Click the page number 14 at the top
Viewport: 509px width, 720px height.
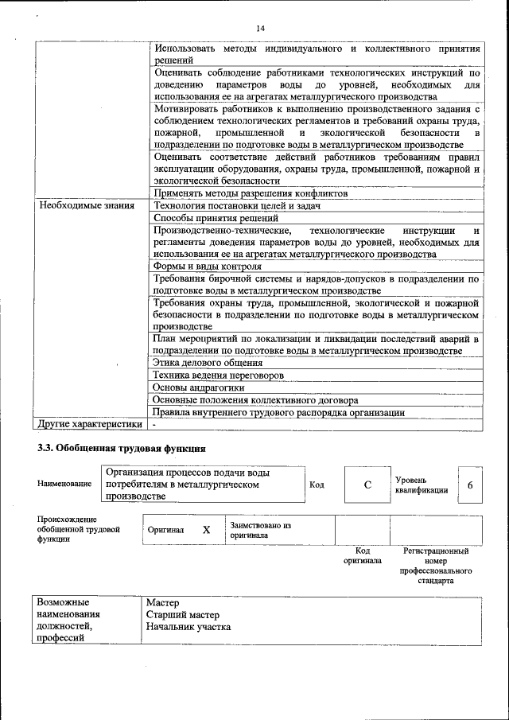click(x=260, y=29)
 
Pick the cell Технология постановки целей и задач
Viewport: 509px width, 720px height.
click(x=236, y=206)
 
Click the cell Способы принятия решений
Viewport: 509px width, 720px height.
click(x=216, y=218)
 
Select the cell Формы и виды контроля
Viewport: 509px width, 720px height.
click(x=207, y=267)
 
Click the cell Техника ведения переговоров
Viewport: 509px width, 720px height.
click(x=219, y=375)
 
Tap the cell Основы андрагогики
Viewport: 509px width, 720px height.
click(x=199, y=387)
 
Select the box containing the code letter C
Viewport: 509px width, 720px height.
click(x=367, y=485)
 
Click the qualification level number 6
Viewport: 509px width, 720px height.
click(x=470, y=485)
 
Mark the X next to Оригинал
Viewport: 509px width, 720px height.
click(x=206, y=529)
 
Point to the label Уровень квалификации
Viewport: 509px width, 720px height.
click(x=421, y=485)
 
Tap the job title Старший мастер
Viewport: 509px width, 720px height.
click(x=182, y=615)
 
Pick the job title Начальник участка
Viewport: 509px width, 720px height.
click(x=188, y=627)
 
